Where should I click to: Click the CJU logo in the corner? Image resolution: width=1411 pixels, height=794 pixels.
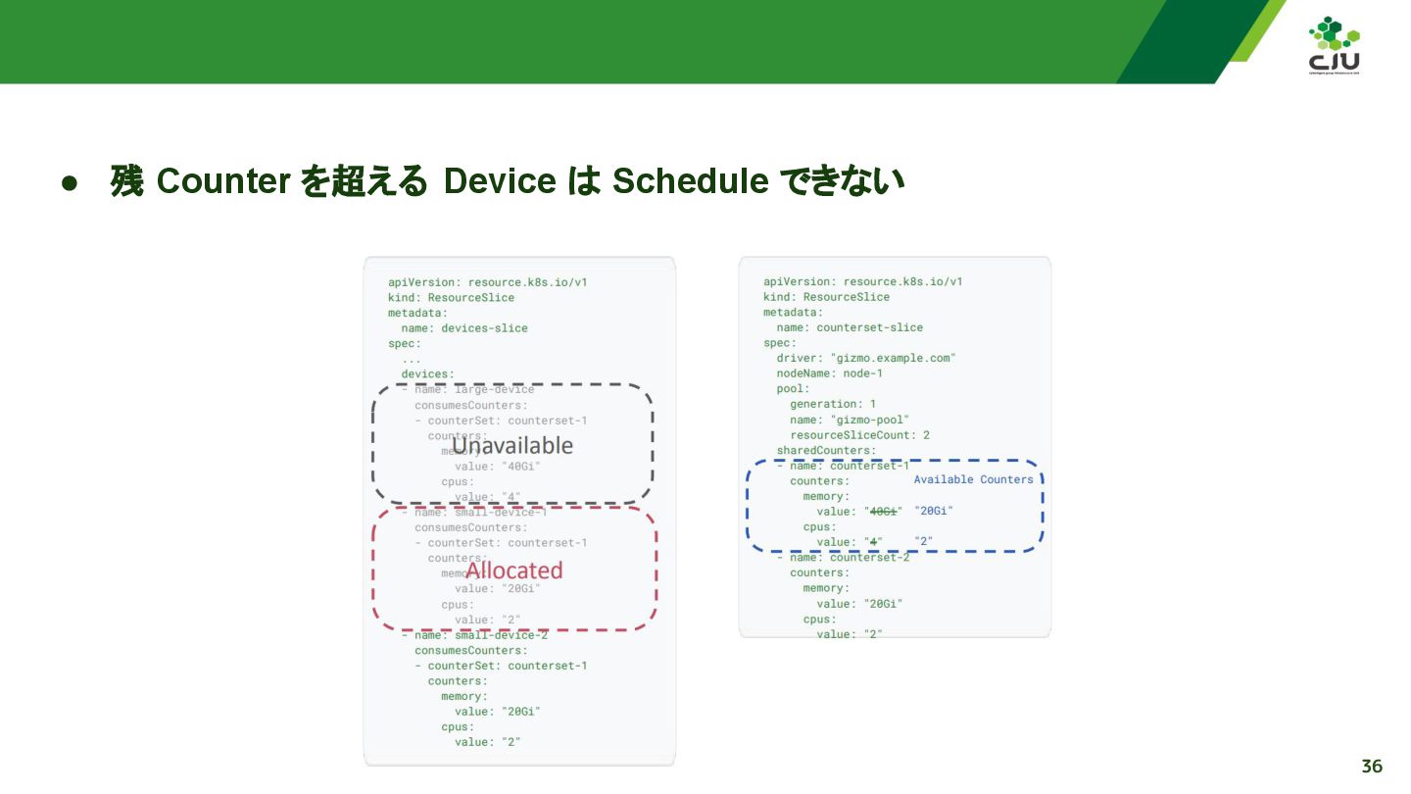coord(1334,46)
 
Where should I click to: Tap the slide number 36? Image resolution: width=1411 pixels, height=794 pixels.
coord(1372,767)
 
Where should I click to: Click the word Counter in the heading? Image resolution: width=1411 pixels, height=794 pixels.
coord(222,181)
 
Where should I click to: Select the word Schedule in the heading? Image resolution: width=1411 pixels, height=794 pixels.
coord(690,181)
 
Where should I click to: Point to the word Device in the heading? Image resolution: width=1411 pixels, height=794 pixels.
coord(500,181)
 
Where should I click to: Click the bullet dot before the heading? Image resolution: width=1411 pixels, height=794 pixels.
coord(70,183)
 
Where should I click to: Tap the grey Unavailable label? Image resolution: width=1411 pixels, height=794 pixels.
coord(512,446)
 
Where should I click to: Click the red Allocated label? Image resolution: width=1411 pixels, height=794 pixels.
coord(513,571)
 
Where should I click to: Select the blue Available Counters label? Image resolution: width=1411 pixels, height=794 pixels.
coord(973,479)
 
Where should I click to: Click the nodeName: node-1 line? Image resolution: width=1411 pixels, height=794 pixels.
coord(829,373)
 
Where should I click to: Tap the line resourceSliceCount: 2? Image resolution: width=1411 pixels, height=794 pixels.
coord(859,435)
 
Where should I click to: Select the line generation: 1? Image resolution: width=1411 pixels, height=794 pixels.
coord(833,404)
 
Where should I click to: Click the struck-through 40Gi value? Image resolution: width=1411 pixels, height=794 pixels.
coord(884,512)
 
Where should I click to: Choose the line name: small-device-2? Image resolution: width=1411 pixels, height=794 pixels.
coord(474,635)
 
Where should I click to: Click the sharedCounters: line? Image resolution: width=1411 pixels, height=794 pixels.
coord(826,451)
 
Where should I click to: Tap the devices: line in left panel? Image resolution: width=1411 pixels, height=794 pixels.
coord(427,373)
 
